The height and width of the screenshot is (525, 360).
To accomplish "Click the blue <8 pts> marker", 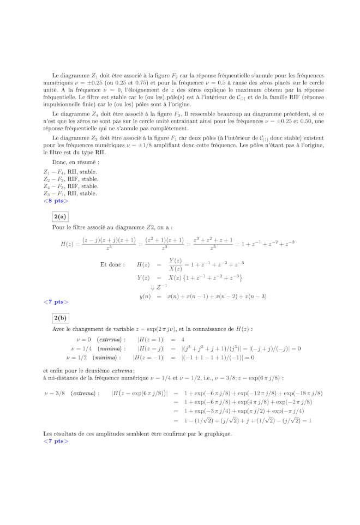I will click(56, 201).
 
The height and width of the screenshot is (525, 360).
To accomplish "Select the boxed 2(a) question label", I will click(60, 216).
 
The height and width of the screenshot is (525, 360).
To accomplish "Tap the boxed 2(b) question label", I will click(61, 318).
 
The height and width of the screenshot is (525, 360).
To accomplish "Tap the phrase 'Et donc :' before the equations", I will click(112, 264).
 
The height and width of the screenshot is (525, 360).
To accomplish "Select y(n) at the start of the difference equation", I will click(145, 297).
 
